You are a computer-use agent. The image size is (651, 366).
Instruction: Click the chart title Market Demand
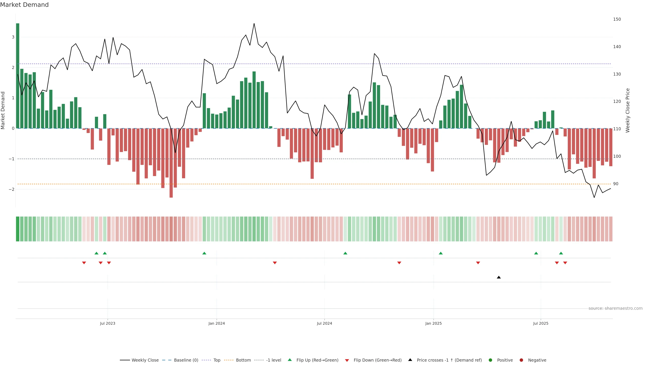coord(24,5)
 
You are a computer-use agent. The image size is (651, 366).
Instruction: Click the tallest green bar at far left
coord(17,76)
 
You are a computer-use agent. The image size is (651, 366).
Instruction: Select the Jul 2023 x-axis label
coord(107,323)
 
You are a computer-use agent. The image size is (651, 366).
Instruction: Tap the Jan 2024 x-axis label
coord(217,323)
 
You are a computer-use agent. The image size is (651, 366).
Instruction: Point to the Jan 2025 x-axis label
coord(433,323)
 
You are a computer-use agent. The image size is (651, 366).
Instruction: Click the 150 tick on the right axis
coord(617,19)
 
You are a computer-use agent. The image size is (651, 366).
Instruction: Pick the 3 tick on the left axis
coord(13,37)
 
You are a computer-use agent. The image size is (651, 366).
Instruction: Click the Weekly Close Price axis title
coord(628,110)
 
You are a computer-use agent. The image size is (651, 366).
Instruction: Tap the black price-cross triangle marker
coord(499,277)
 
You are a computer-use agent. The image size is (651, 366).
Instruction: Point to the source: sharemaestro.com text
coord(615,308)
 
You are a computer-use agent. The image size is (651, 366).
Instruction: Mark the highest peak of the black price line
coord(254,24)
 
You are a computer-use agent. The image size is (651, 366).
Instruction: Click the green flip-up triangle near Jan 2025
coord(441,253)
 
